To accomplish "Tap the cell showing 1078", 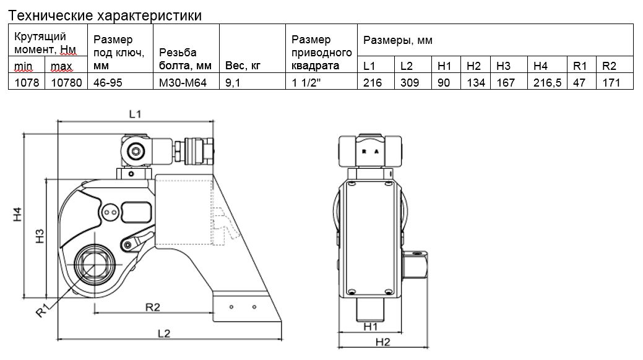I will coord(25,82).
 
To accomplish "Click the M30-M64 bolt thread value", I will coord(183,82).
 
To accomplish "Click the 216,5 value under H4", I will coord(548,82).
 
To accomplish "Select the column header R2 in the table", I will coord(610,66).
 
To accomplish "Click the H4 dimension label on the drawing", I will coord(18,214).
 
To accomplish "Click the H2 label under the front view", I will coord(384,341).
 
